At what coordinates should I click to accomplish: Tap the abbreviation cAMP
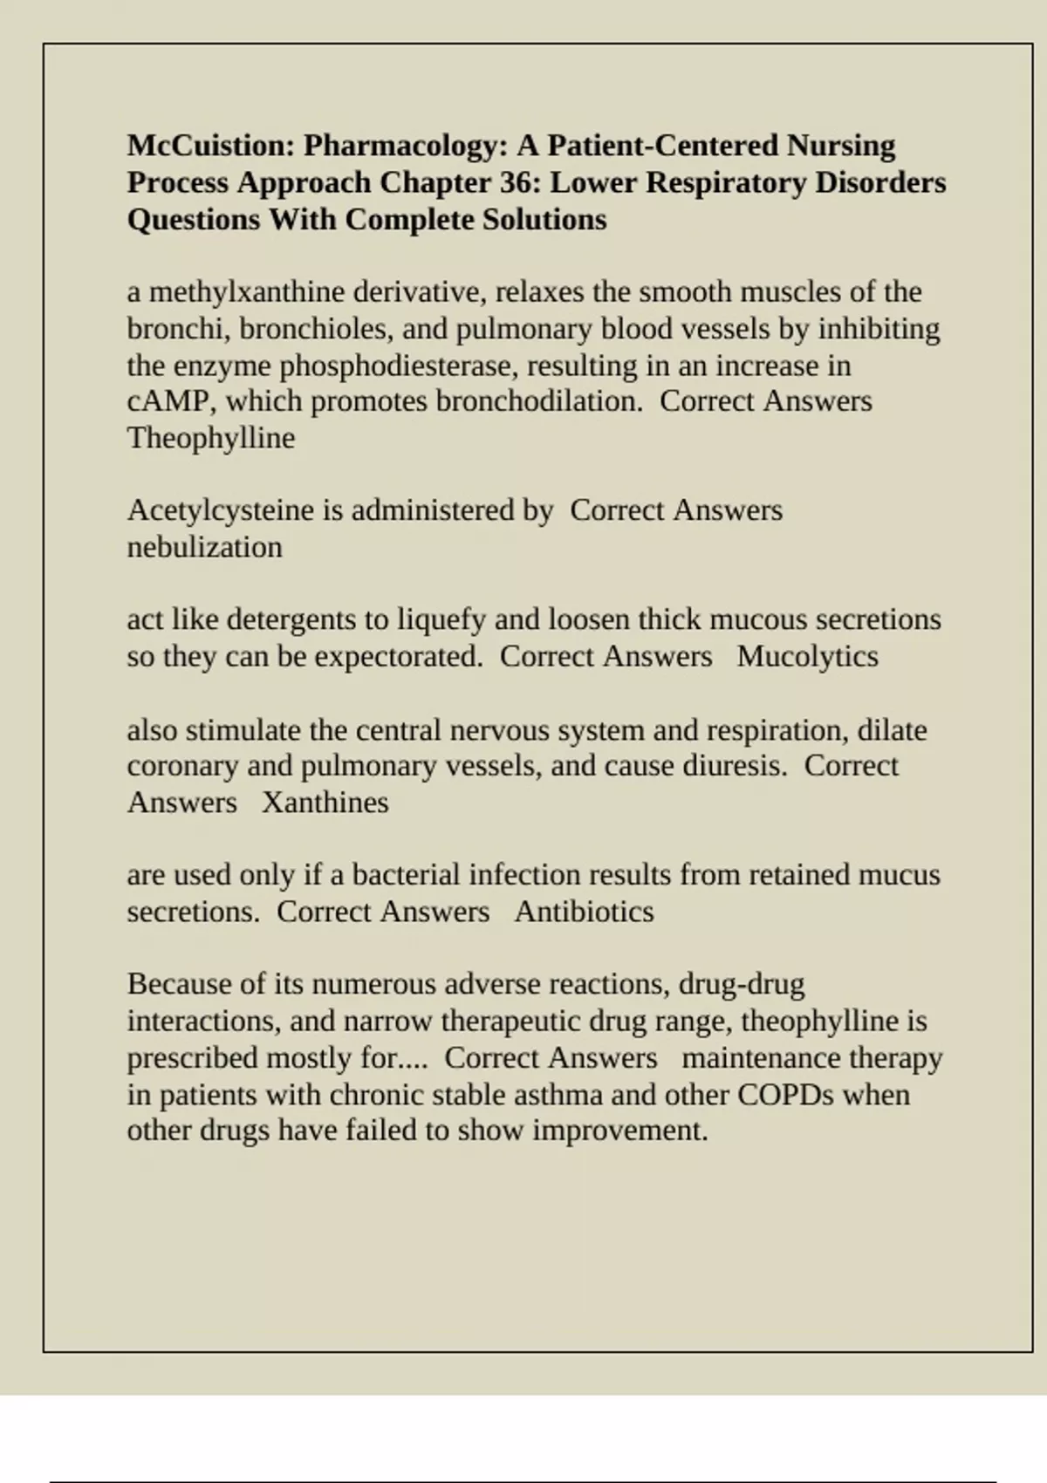point(168,401)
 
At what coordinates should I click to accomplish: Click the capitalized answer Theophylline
point(210,438)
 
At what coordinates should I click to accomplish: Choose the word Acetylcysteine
point(222,510)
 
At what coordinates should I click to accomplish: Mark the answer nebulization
point(204,547)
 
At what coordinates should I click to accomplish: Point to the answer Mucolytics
point(807,656)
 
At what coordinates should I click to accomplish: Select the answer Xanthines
point(325,803)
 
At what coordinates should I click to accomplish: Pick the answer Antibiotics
point(584,912)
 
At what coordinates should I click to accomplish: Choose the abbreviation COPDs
point(785,1095)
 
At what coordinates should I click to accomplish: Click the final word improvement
point(619,1131)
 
